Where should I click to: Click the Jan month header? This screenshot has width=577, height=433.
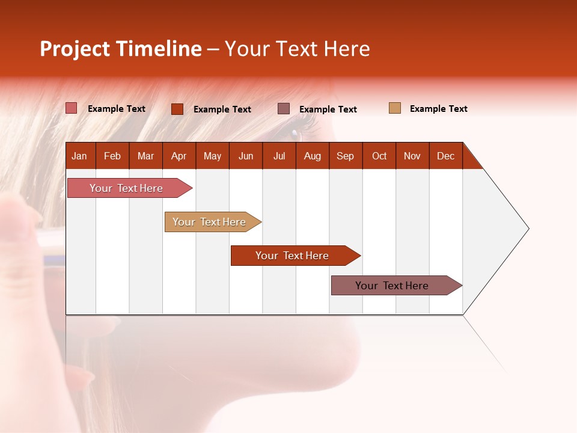point(79,156)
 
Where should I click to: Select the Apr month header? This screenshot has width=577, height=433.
point(179,156)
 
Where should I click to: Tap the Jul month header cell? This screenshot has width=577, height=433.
point(279,156)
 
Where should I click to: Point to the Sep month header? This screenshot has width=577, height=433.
point(345,156)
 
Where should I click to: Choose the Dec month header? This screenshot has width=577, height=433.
point(445,156)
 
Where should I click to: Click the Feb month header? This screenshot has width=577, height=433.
point(112,156)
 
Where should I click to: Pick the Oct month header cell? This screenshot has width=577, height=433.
point(379,156)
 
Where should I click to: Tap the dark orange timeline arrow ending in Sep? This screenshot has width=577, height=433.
point(293,256)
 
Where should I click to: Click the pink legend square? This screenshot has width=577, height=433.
point(72,108)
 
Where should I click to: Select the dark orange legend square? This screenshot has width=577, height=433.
point(177,109)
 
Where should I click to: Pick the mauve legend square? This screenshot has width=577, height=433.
point(284,108)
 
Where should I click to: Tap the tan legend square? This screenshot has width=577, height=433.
point(395,108)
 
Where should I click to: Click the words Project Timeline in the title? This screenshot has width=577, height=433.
point(120,49)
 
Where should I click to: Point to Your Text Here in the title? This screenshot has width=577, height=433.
point(298,49)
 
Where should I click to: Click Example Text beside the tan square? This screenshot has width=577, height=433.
point(438,109)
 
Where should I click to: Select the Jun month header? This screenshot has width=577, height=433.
point(246,156)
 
